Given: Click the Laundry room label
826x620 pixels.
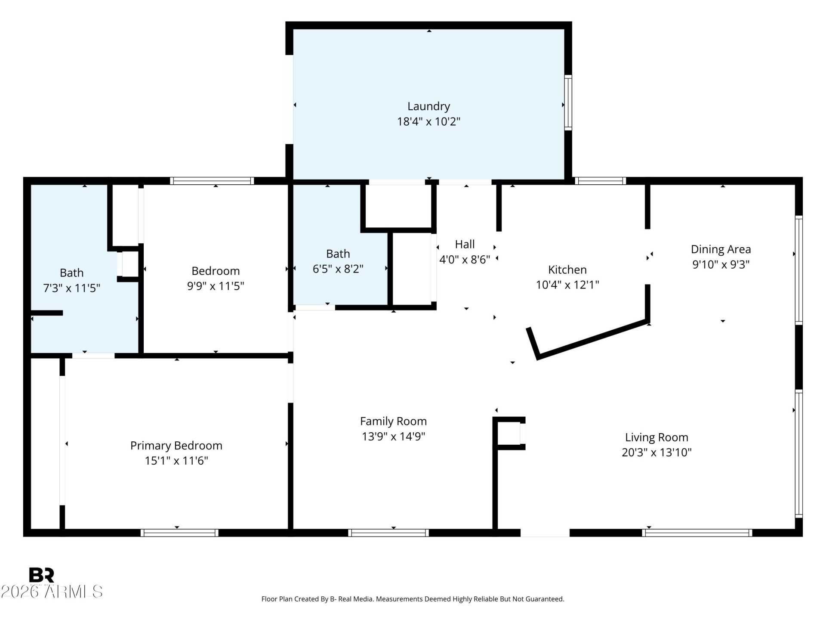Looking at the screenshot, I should coord(428,106).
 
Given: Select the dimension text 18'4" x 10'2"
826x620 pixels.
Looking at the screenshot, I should coord(428,121).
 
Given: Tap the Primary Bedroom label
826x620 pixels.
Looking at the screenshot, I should coord(176,446).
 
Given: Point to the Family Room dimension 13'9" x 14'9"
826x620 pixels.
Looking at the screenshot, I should coord(393,437).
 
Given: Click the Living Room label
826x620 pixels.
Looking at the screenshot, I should coord(656,437).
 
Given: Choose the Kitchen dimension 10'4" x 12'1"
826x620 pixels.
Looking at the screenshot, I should coord(567,285).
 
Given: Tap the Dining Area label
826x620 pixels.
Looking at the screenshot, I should coord(721,249).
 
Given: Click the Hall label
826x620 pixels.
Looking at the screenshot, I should coord(465,245).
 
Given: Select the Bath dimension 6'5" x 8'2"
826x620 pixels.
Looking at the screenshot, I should coord(338,269).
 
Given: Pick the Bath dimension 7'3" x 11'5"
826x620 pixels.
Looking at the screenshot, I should coord(71,288).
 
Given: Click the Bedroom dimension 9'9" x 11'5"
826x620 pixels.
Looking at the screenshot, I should coord(215,286).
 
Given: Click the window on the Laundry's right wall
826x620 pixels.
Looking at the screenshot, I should coord(568,102).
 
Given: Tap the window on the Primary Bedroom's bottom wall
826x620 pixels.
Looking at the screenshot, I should coord(179,533).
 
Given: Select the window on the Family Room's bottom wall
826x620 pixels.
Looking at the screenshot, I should coord(388,533).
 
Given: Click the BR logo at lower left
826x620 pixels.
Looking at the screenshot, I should coord(41,575).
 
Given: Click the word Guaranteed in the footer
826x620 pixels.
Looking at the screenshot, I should coord(546,599).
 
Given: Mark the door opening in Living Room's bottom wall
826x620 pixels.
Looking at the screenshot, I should coord(545,533).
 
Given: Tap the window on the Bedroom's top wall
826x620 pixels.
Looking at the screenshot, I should coord(212,181).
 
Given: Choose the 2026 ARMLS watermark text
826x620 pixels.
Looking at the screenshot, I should coord(52,592).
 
